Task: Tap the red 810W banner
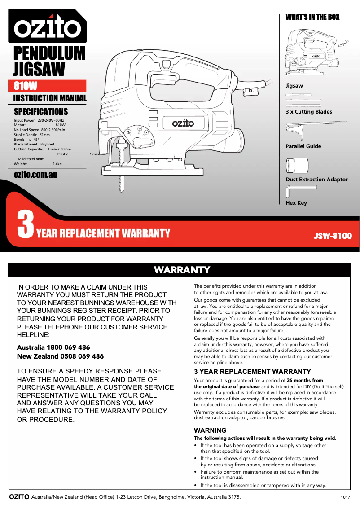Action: point(49,86)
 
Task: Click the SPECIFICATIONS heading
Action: point(41,111)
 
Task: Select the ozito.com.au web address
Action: point(35,174)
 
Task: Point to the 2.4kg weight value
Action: point(57,164)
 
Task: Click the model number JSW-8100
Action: point(333,236)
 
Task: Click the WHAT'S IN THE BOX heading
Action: point(312,17)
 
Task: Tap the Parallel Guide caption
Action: point(303,146)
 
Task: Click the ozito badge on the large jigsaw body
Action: point(183,122)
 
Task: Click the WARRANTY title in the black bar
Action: point(182,270)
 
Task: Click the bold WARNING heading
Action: point(210,430)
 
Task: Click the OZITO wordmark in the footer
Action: point(19,497)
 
